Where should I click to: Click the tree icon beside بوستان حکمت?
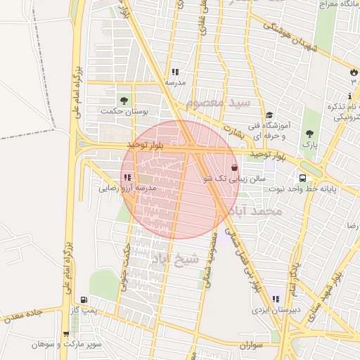pyautogui.click(x=125, y=101)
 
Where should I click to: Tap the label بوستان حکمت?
pyautogui.click(x=126, y=112)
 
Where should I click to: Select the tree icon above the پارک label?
pyautogui.click(x=309, y=133)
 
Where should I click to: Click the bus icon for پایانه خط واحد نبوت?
pyautogui.click(x=302, y=179)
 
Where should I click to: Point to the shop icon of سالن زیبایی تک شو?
pyautogui.click(x=234, y=168)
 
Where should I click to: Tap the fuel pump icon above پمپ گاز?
pyautogui.click(x=85, y=299)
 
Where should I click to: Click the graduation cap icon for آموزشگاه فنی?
pyautogui.click(x=269, y=115)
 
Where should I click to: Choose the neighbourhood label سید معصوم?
pyautogui.click(x=224, y=103)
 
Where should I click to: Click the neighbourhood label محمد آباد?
pyautogui.click(x=259, y=211)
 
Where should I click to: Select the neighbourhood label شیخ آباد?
pyautogui.click(x=175, y=259)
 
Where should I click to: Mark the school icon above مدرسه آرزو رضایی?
pyautogui.click(x=127, y=178)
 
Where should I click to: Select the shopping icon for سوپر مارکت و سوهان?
pyautogui.click(x=66, y=334)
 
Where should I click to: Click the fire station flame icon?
pyautogui.click(x=353, y=72)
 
